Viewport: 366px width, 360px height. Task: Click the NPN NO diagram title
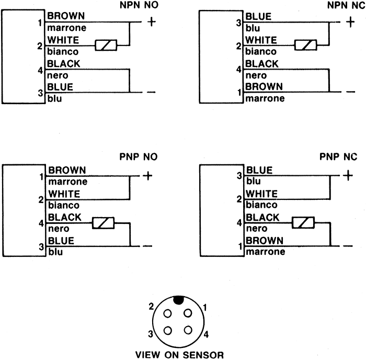coord(139,5)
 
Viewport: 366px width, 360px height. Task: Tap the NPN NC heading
coord(346,5)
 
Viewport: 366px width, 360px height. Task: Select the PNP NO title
coord(139,157)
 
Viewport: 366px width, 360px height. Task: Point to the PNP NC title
coord(338,156)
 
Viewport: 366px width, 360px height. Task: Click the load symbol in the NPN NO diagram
coord(106,45)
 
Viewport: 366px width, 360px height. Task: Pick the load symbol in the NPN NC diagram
coord(305,45)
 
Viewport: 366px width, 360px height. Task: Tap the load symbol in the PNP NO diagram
coord(103,223)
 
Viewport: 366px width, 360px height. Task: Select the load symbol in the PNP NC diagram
coord(303,222)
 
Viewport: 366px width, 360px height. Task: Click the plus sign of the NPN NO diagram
coord(152,22)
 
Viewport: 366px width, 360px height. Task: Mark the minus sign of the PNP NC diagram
coord(348,246)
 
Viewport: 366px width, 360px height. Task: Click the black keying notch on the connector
coord(179,300)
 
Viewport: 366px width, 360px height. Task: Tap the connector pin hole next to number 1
coord(188,313)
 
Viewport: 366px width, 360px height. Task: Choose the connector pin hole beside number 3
coord(168,331)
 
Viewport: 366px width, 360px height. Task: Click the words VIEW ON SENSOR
coord(179,355)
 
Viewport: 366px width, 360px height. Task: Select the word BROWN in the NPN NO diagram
coord(66,16)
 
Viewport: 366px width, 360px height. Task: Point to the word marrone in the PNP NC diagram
coord(266,252)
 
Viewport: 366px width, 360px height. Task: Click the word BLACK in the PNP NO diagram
coord(65,217)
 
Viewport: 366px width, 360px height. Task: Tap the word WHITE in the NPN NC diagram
coord(261,40)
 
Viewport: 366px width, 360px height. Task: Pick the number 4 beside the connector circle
coord(206,334)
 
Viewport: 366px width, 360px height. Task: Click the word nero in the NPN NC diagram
coord(256,75)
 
